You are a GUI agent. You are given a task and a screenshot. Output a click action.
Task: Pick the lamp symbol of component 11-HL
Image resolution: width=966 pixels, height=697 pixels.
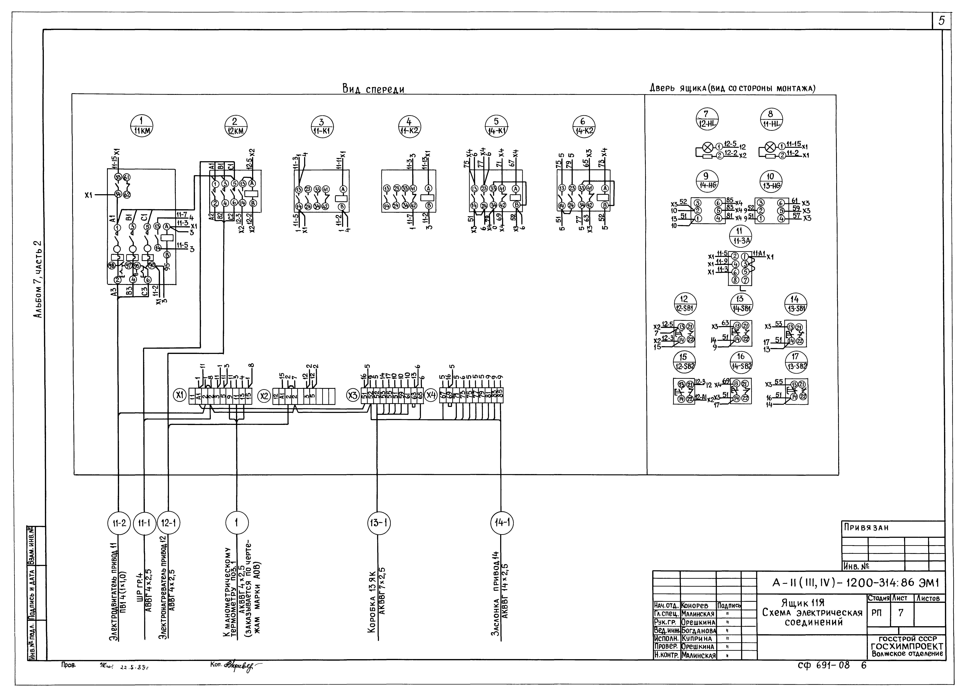(770, 147)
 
